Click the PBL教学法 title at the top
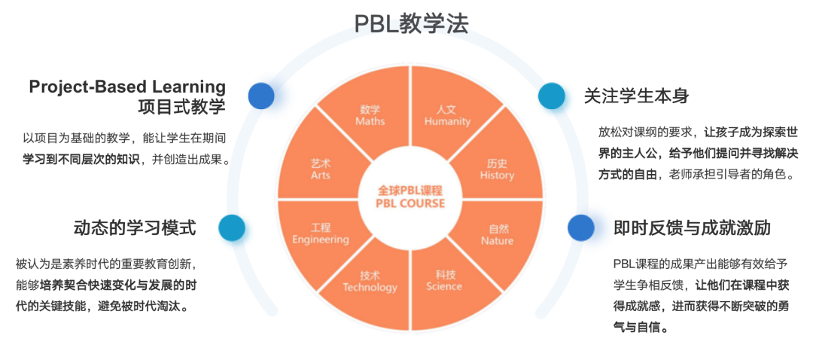pyautogui.click(x=411, y=23)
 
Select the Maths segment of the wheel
pyautogui.click(x=370, y=115)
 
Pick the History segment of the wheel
pyautogui.click(x=497, y=169)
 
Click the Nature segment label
pyautogui.click(x=497, y=234)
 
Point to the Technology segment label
pyautogui.click(x=370, y=281)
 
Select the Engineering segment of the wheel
pyautogui.click(x=321, y=233)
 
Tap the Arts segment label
pyautogui.click(x=321, y=169)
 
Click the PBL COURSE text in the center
pyautogui.click(x=410, y=203)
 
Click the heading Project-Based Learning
pyautogui.click(x=127, y=87)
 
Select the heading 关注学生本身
pyautogui.click(x=637, y=96)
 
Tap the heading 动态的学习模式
pyautogui.click(x=135, y=227)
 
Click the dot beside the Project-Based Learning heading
pyautogui.click(x=261, y=96)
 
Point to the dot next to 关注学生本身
pyautogui.click(x=551, y=96)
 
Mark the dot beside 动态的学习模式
pyautogui.click(x=231, y=227)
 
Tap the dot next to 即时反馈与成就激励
pyautogui.click(x=580, y=227)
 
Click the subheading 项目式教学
pyautogui.click(x=181, y=106)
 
